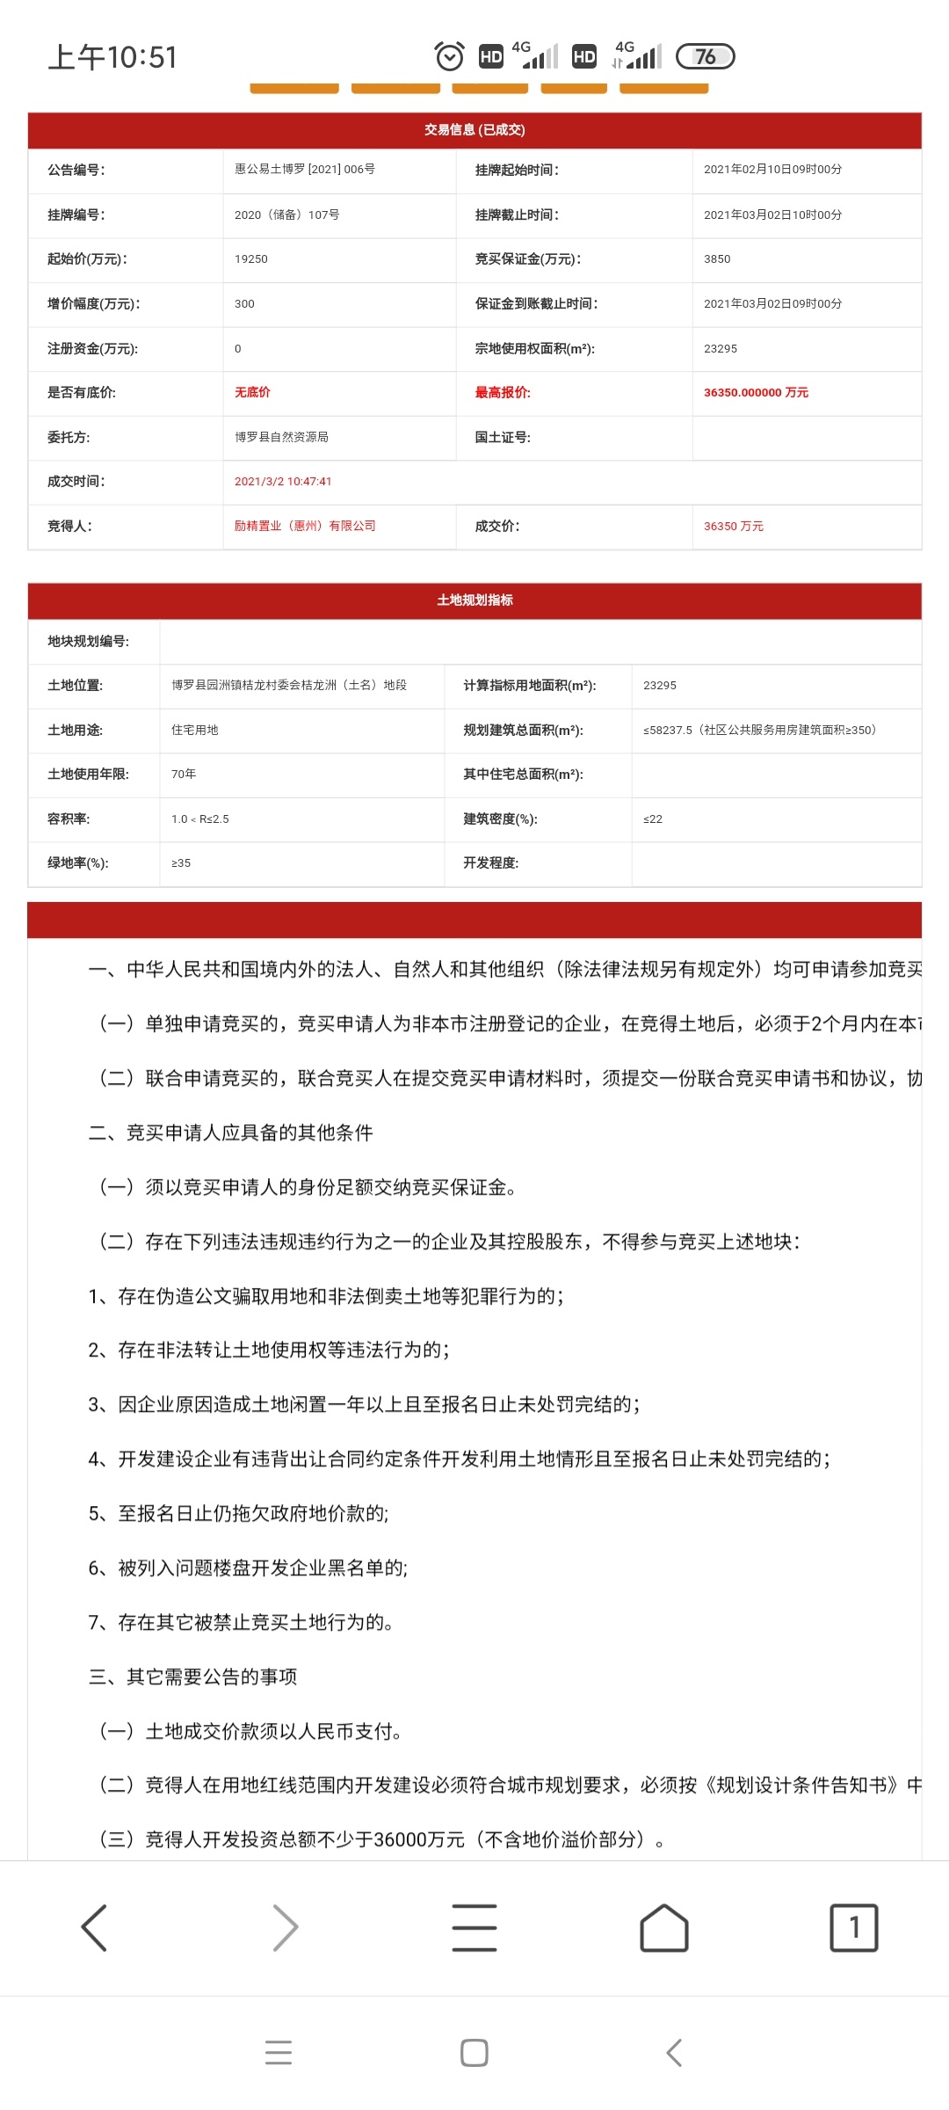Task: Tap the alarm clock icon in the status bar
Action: click(450, 57)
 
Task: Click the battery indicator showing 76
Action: click(705, 57)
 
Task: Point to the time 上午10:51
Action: click(112, 57)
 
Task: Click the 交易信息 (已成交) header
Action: click(474, 130)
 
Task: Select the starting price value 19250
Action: click(251, 259)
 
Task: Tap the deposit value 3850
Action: click(717, 259)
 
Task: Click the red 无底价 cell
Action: click(252, 392)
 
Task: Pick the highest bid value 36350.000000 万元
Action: click(756, 393)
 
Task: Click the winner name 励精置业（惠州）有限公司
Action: click(305, 526)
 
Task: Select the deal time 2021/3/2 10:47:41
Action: click(283, 482)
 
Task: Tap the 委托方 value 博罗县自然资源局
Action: click(281, 437)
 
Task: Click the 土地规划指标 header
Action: click(474, 600)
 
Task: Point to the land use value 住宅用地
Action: click(195, 730)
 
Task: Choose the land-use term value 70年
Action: click(184, 774)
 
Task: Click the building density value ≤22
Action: click(653, 819)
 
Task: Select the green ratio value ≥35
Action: click(181, 863)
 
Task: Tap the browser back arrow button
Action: click(94, 1928)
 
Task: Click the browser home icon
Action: click(664, 1928)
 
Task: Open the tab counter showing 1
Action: click(853, 1928)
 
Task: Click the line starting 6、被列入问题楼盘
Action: click(248, 1568)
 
